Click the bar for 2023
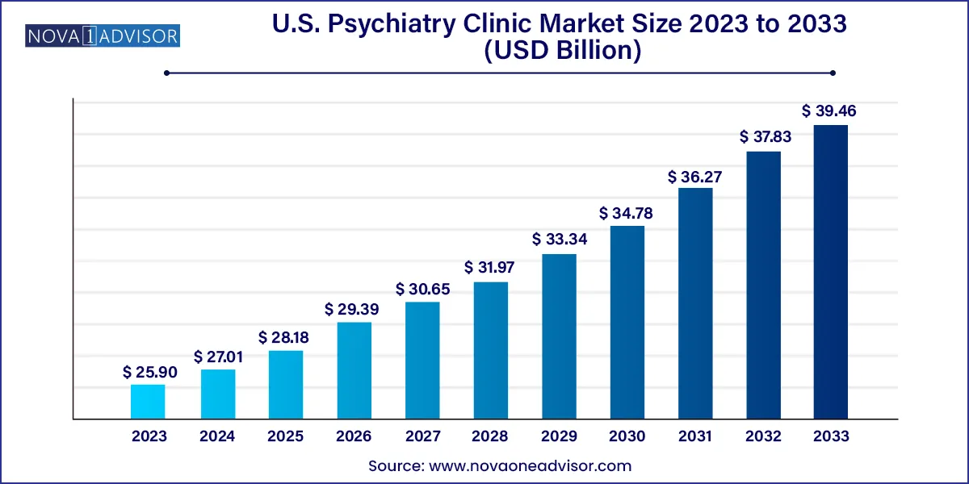148,402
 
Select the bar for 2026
354,371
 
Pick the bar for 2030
627,323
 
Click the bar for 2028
490,351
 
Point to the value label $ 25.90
149,372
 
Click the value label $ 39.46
829,111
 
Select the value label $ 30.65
422,289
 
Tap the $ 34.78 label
627,214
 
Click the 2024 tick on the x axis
217,436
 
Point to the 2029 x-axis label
559,436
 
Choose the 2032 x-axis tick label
764,436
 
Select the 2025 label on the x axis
285,436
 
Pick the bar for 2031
695,303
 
